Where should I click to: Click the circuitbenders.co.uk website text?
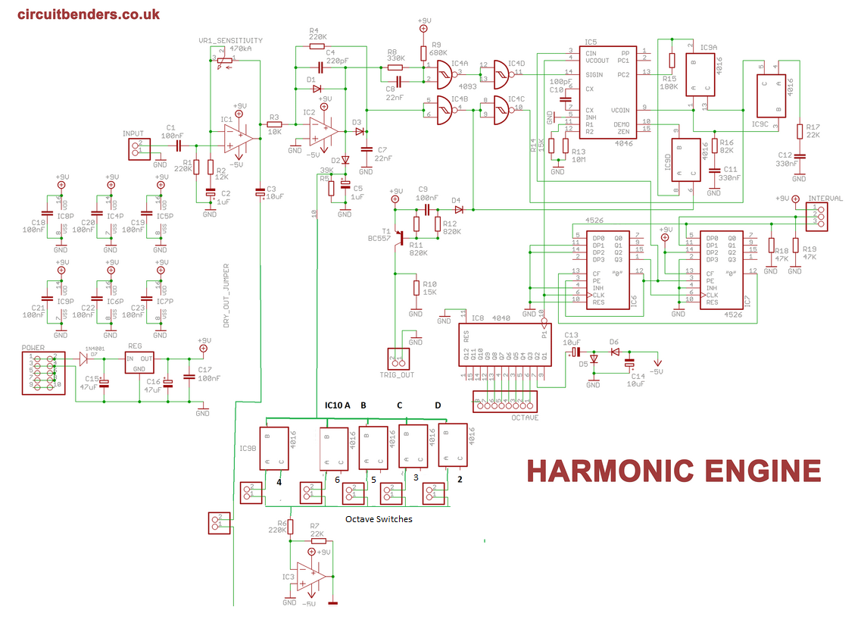(x=88, y=14)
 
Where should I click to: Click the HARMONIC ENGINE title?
(x=674, y=471)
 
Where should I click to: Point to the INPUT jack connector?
(x=137, y=148)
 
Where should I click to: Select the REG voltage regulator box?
(x=139, y=364)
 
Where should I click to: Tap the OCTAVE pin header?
(x=505, y=402)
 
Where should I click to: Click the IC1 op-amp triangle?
(x=239, y=136)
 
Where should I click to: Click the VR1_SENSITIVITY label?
(x=230, y=41)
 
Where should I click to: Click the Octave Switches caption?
(x=379, y=519)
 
